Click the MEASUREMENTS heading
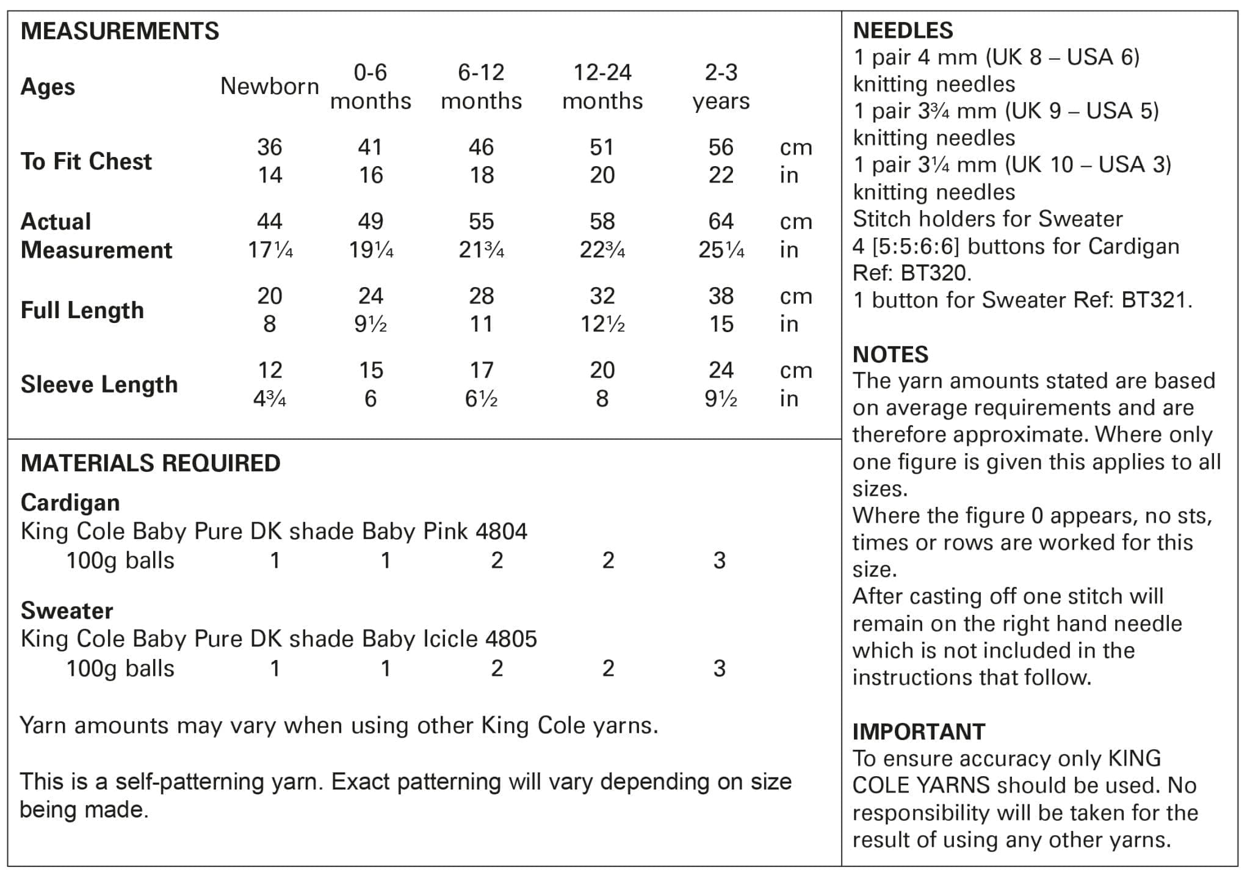tap(120, 31)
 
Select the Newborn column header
tap(269, 86)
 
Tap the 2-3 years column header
tap(721, 86)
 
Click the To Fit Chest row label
tap(86, 161)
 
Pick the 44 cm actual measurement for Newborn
tap(269, 221)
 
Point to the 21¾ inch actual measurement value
tap(481, 250)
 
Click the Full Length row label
tap(82, 310)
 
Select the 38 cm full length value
tap(721, 296)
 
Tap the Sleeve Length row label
tap(99, 385)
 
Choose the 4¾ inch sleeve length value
tap(269, 399)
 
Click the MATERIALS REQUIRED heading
tap(150, 463)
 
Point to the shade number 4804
tap(501, 531)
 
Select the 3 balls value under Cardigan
tap(720, 561)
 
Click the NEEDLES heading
tap(903, 31)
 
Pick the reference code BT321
tap(1156, 300)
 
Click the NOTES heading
tap(891, 354)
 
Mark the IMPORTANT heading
tap(919, 732)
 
